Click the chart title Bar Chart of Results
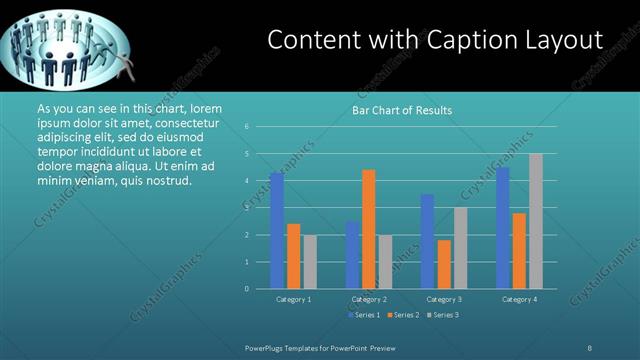click(401, 110)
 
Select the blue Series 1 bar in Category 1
click(276, 230)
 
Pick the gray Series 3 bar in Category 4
click(536, 221)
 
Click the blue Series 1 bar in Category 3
click(427, 241)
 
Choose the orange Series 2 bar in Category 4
click(518, 250)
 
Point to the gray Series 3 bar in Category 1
click(310, 261)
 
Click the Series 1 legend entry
click(365, 315)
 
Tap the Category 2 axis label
click(368, 299)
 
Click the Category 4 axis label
click(519, 299)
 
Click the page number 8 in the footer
click(590, 347)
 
